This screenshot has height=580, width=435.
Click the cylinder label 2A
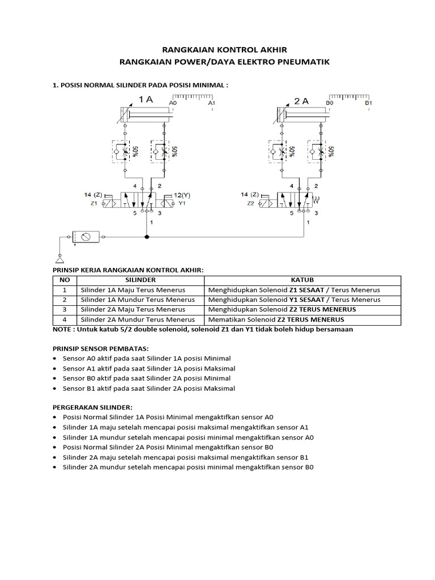pyautogui.click(x=301, y=101)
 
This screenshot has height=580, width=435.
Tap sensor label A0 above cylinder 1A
pyautogui.click(x=173, y=104)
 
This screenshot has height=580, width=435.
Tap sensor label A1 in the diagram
pyautogui.click(x=211, y=104)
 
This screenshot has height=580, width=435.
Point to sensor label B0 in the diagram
pyautogui.click(x=330, y=104)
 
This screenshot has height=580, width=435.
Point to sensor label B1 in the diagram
pyautogui.click(x=368, y=104)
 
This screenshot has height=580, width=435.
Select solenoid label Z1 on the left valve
pyautogui.click(x=94, y=203)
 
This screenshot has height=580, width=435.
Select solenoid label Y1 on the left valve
pyautogui.click(x=182, y=203)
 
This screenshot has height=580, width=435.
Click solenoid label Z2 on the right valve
pyautogui.click(x=250, y=203)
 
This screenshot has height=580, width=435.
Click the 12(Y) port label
pyautogui.click(x=182, y=194)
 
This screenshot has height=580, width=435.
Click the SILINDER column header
pyautogui.click(x=140, y=280)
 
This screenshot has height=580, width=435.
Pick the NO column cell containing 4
pyautogui.click(x=65, y=319)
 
